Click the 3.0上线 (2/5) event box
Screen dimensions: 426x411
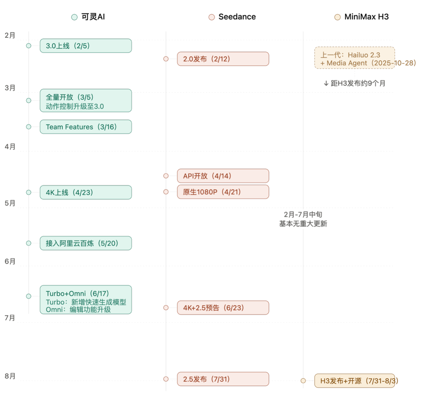point(86,46)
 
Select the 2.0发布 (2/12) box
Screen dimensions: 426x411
point(223,59)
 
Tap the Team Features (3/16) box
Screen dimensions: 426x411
point(86,127)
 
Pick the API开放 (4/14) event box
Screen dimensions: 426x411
point(223,176)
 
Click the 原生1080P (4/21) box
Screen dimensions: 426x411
point(223,192)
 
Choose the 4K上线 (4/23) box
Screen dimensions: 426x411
point(86,192)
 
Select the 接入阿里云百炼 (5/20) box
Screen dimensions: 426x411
point(86,243)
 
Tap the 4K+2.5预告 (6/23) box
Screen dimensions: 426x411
point(223,307)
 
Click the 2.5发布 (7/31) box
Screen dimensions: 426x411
point(223,379)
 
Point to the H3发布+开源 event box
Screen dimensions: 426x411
point(354,381)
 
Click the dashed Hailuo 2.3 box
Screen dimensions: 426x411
point(354,58)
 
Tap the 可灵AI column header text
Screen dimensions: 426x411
point(93,17)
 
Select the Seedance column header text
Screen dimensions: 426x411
point(237,17)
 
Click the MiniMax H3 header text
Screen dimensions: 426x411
point(367,17)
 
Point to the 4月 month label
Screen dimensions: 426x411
point(10,146)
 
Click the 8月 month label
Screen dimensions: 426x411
point(10,376)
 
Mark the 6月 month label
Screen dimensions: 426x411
point(10,261)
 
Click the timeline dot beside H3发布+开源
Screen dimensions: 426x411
point(303,381)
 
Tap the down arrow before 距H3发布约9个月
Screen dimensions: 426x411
point(326,83)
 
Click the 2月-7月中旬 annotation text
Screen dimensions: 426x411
point(303,214)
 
